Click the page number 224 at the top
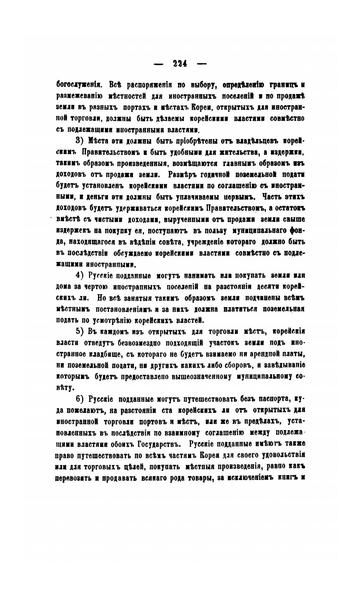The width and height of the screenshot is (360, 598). click(x=180, y=63)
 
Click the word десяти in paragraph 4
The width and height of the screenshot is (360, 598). click(x=266, y=287)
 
